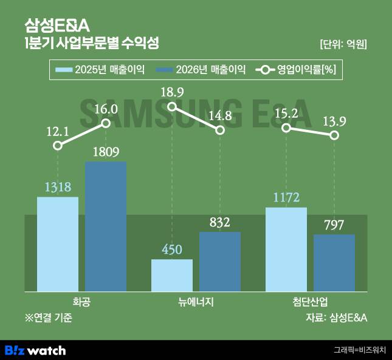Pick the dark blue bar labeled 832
pyautogui.click(x=220, y=262)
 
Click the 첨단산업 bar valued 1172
pyautogui.click(x=286, y=249)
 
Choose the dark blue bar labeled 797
pyautogui.click(x=334, y=263)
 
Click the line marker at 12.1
pyautogui.click(x=58, y=146)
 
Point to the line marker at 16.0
pyautogui.click(x=106, y=123)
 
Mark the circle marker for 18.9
pyautogui.click(x=172, y=107)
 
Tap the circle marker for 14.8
pyautogui.click(x=220, y=130)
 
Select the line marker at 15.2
pyautogui.click(x=286, y=127)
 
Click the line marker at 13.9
pyautogui.click(x=334, y=135)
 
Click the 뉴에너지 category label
pyautogui.click(x=196, y=302)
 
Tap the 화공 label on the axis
pyautogui.click(x=81, y=302)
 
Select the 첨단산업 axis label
pyautogui.click(x=310, y=302)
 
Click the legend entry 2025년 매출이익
pyautogui.click(x=100, y=70)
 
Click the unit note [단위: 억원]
pyautogui.click(x=343, y=44)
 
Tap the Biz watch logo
pyautogui.click(x=35, y=350)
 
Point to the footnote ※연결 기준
pyautogui.click(x=48, y=317)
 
